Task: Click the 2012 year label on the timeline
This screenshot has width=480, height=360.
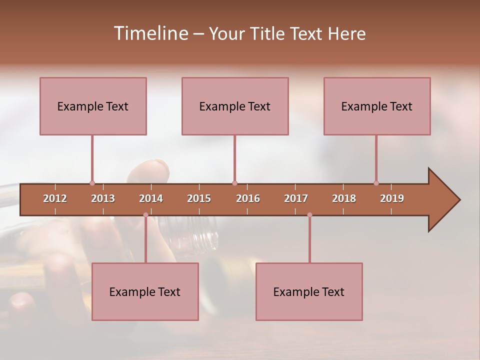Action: tap(55, 198)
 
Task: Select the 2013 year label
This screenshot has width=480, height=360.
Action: tap(103, 198)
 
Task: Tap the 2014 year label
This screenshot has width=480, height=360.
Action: tap(151, 198)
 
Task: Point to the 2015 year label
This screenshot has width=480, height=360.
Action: tap(199, 198)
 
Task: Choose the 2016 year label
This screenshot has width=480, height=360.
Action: tap(248, 198)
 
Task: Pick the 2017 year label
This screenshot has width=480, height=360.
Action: tap(296, 198)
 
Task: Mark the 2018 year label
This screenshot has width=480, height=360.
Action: tap(344, 198)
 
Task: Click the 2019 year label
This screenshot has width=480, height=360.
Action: tap(392, 198)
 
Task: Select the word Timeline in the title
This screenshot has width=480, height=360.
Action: tap(150, 33)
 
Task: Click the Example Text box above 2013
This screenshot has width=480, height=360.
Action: tap(93, 106)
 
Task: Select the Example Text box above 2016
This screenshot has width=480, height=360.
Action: tap(235, 106)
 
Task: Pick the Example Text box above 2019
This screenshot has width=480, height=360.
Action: tap(377, 106)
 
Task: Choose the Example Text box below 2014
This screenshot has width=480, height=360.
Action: tap(145, 291)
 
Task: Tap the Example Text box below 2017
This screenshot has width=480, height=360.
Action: tap(309, 291)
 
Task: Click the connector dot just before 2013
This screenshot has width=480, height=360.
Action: tap(92, 183)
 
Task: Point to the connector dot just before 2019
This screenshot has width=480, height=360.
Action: tap(376, 183)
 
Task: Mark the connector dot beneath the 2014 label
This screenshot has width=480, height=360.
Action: tap(145, 215)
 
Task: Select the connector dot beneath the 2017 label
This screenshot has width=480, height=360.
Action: tap(309, 215)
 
